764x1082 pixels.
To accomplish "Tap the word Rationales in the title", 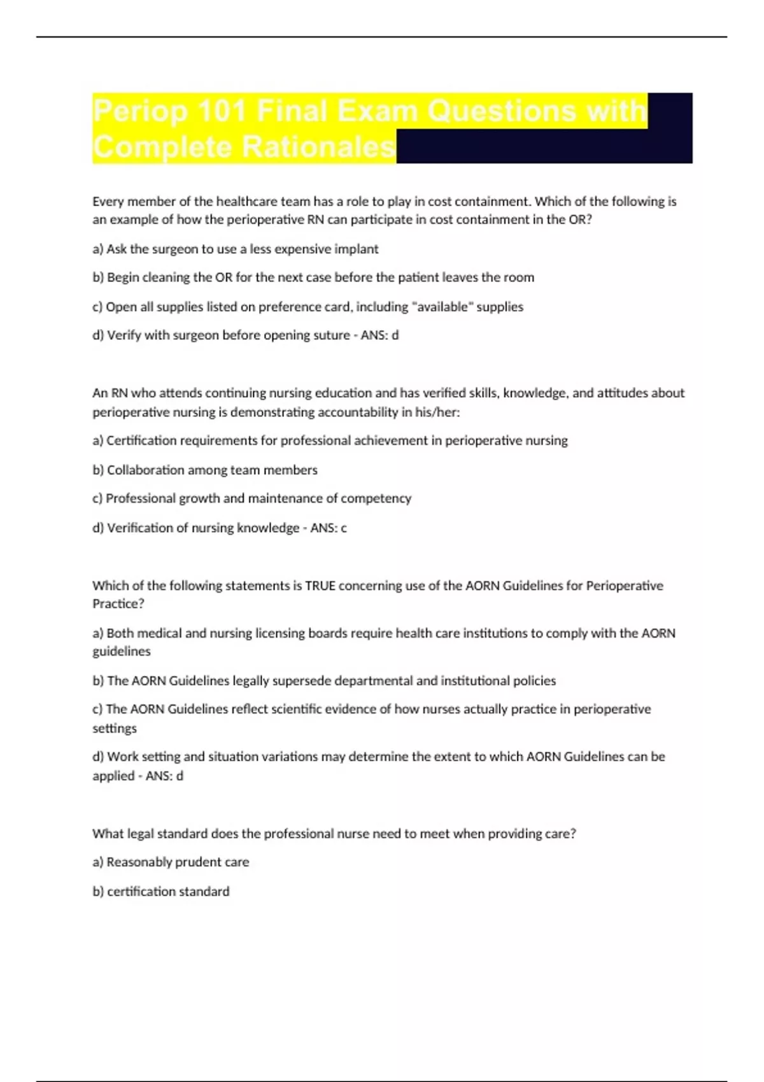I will click(x=318, y=147).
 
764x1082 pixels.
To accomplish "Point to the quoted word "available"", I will click(x=442, y=307).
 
